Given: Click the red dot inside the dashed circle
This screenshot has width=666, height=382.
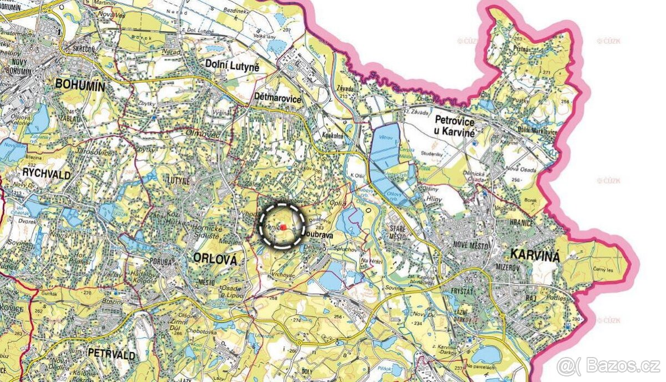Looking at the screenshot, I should (283, 227).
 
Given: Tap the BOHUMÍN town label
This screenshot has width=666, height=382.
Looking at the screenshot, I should (80, 84).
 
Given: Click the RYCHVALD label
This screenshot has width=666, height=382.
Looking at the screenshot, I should (47, 175).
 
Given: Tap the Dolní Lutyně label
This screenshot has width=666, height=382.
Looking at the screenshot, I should (233, 64).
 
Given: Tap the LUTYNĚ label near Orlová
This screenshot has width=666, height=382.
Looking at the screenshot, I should (180, 181).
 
